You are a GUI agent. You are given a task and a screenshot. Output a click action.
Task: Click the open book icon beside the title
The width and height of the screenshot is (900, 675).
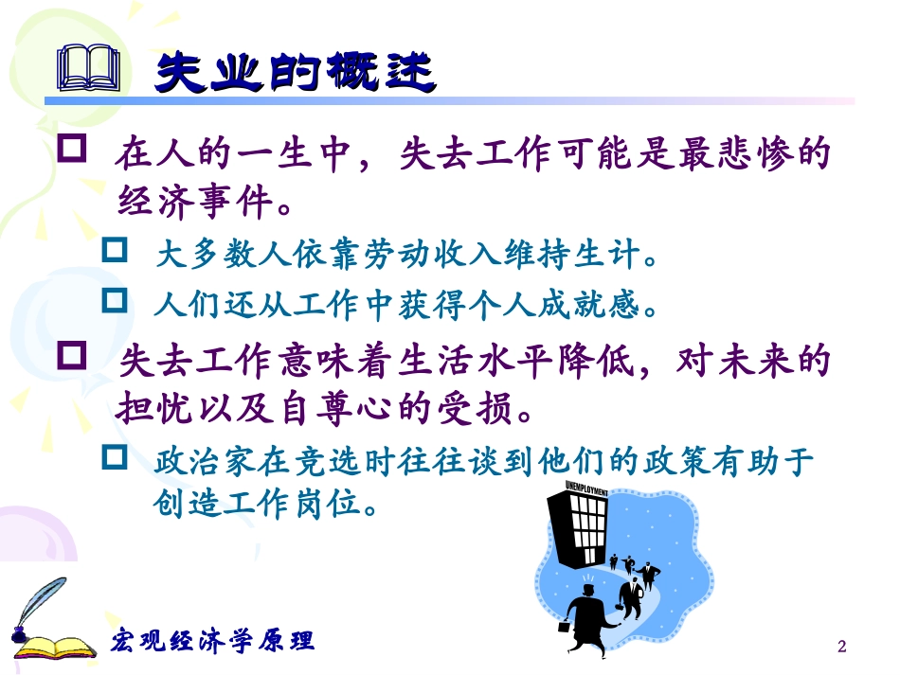pos(89,69)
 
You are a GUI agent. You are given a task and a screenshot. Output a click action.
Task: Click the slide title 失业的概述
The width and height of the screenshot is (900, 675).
pos(294,72)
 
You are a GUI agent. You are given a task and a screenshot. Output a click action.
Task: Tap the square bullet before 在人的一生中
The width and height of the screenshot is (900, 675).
pos(74,149)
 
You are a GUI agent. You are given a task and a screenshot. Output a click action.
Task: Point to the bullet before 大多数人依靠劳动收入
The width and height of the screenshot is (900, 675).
pos(115,252)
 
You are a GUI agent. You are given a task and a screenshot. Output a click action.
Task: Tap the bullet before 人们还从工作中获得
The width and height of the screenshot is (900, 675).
pos(115,301)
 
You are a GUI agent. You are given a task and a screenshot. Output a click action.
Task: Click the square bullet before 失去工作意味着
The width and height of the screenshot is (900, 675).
pos(74,358)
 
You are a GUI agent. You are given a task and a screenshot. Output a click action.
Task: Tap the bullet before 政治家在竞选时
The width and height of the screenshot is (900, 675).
pos(115,458)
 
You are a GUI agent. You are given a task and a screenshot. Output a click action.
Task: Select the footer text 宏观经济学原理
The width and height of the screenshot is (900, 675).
pos(213,640)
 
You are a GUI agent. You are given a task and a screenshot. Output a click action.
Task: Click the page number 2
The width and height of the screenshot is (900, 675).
pos(841,647)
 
